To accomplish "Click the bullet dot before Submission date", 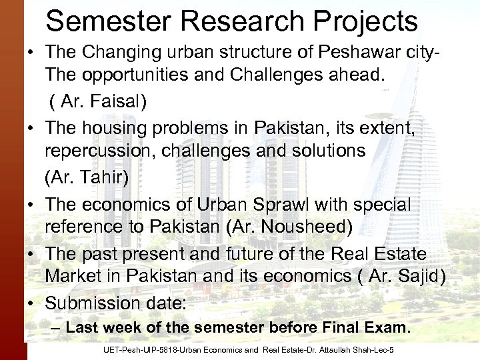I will click(x=32, y=303).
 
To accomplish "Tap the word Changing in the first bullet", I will click(x=129, y=53).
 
